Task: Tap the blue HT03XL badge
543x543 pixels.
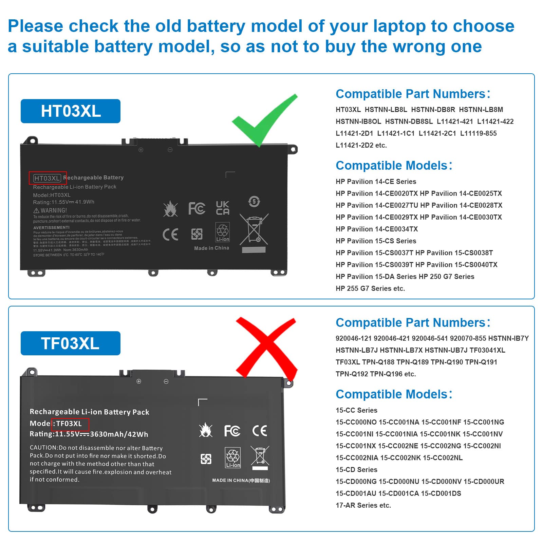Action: [71, 111]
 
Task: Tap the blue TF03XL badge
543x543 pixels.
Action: [71, 343]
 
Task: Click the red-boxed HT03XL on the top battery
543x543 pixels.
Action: [48, 178]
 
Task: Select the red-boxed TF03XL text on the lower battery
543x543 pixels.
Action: [70, 424]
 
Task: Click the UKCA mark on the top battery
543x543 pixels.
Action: [223, 208]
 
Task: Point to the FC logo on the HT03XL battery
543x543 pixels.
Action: [197, 208]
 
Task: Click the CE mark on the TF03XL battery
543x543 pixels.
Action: [260, 431]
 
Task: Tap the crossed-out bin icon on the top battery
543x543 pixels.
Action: [254, 229]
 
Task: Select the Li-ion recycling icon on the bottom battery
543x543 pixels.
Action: [233, 457]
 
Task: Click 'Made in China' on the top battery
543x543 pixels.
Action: [211, 248]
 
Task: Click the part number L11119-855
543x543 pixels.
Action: [478, 133]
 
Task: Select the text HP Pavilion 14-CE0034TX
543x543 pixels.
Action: [377, 229]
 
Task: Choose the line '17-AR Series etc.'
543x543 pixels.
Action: [363, 505]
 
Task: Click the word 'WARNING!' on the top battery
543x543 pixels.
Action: [54, 210]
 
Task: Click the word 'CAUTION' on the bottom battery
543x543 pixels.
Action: [43, 448]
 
